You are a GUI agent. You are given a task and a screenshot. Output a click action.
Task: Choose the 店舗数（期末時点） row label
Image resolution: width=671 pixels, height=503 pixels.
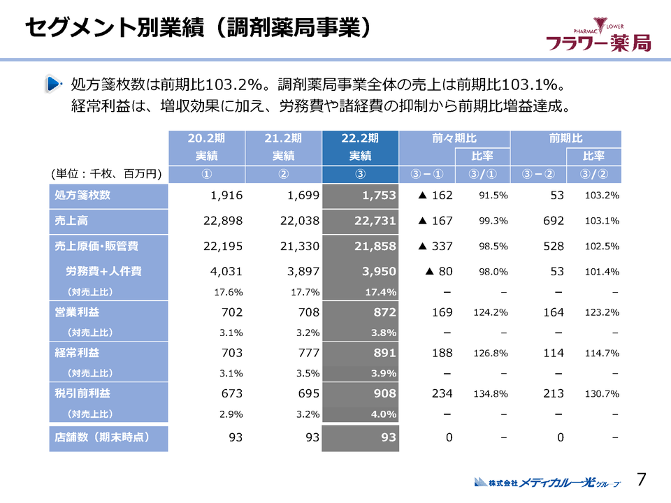point(108,438)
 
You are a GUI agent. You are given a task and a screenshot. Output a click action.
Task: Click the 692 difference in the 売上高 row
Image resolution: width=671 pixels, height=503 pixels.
point(553,221)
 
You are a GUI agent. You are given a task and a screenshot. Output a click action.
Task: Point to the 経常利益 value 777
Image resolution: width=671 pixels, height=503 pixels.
point(307,353)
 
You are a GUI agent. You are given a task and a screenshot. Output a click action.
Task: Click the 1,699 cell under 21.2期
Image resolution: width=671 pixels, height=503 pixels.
point(303,196)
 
